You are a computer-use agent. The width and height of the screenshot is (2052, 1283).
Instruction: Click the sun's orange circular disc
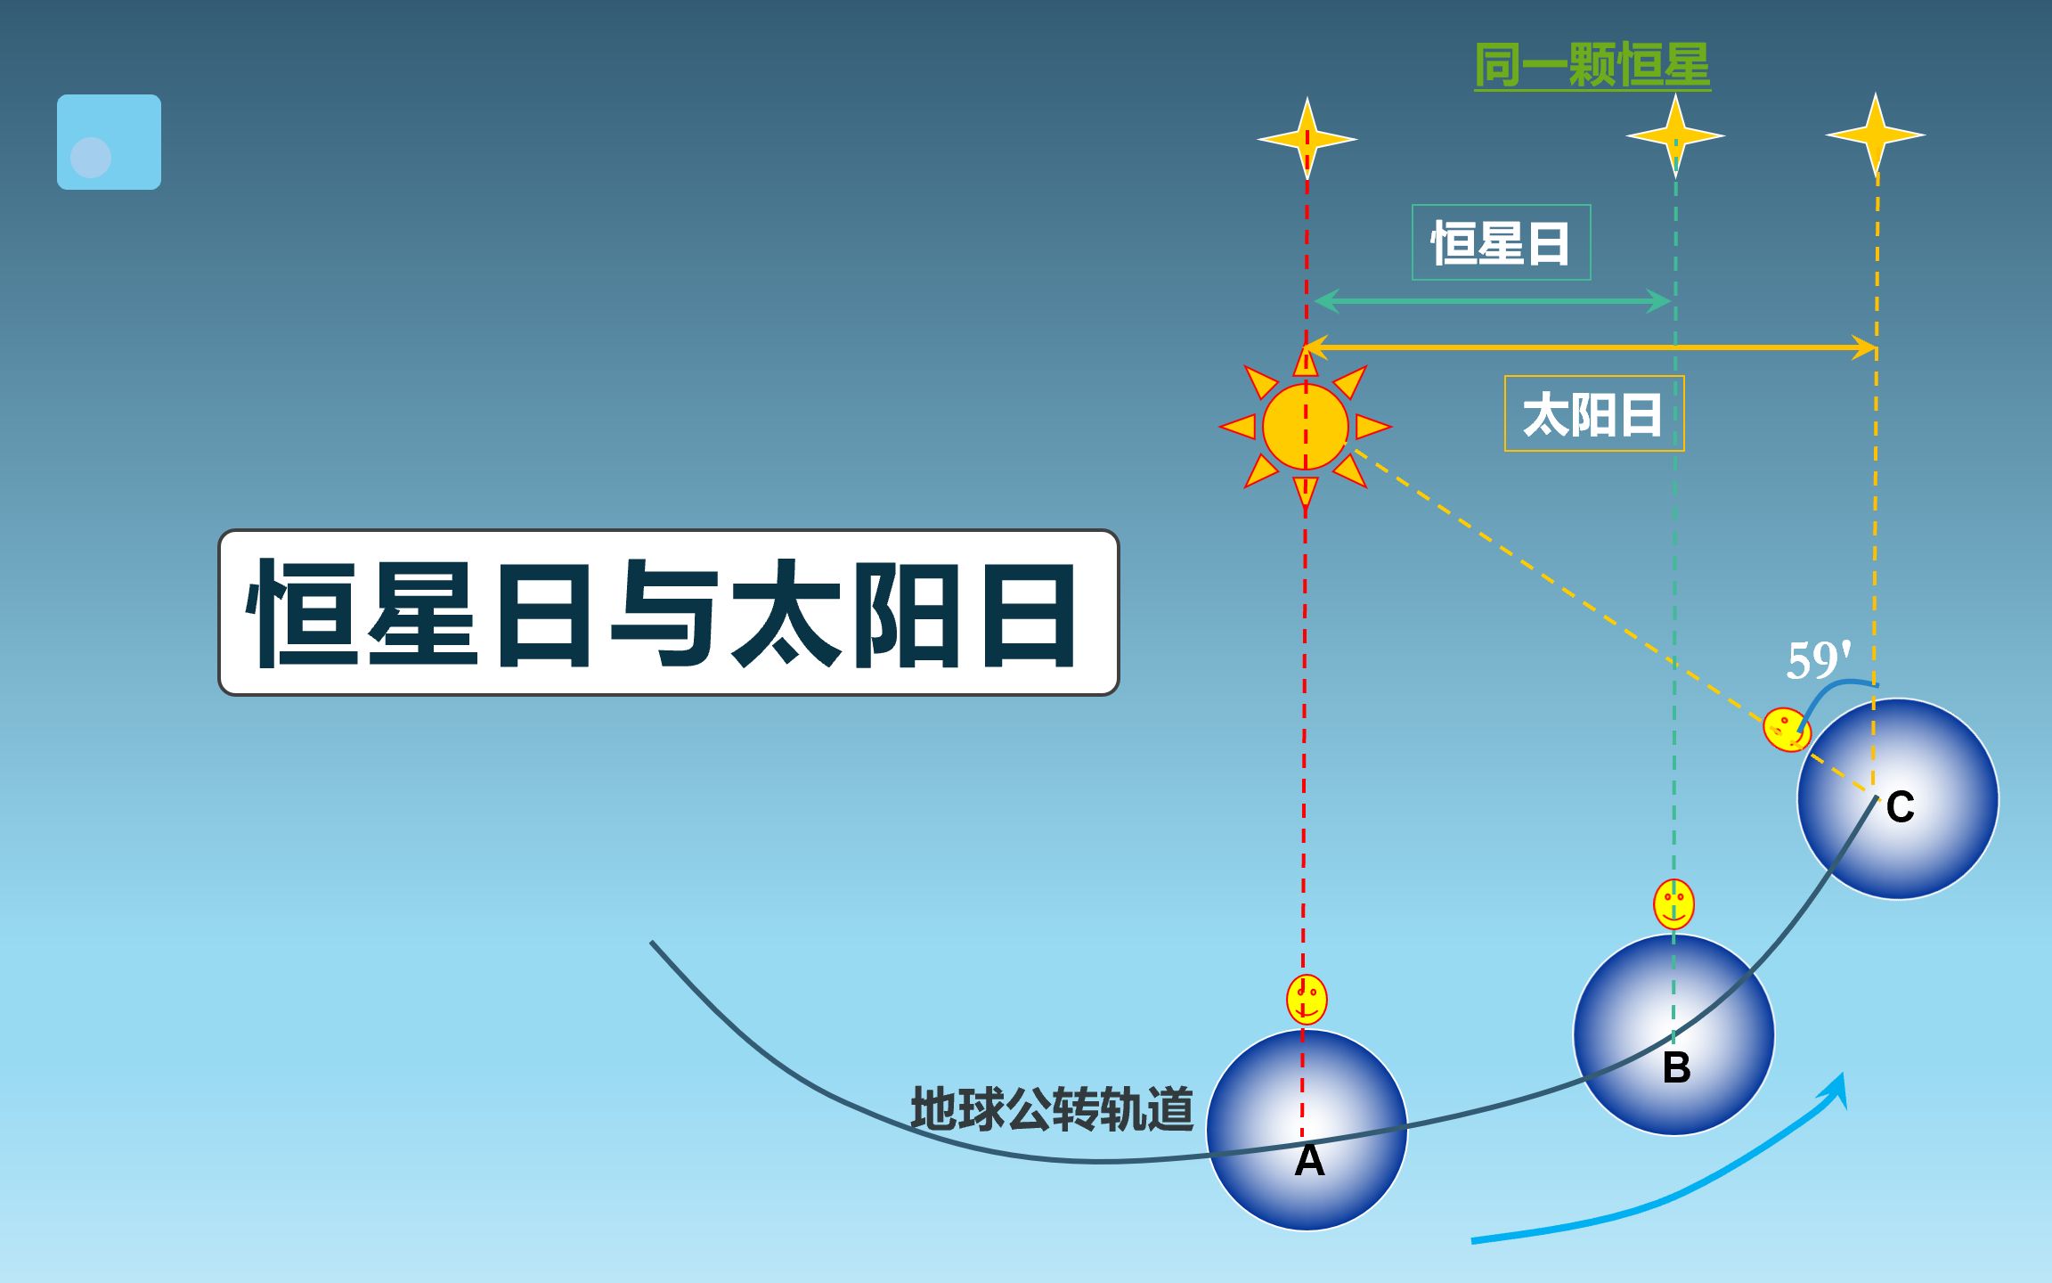(x=1306, y=427)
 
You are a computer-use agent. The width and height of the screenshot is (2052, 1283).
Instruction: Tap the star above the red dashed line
(x=1307, y=139)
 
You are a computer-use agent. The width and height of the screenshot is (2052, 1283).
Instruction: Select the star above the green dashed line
(x=1675, y=135)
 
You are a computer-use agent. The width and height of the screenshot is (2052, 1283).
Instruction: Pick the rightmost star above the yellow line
(x=1876, y=135)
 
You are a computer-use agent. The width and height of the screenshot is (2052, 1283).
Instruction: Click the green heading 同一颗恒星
(x=1592, y=65)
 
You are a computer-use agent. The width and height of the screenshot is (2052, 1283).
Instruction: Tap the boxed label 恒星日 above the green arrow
(x=1501, y=242)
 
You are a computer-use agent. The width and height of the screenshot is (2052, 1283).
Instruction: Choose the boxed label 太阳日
(x=1594, y=413)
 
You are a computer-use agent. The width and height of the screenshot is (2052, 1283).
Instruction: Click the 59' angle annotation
(x=1819, y=660)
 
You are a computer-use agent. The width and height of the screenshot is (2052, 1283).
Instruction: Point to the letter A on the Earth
(x=1309, y=1160)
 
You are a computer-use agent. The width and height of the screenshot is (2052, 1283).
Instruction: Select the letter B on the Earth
(x=1676, y=1066)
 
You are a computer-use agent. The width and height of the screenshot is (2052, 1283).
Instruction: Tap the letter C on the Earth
(x=1900, y=807)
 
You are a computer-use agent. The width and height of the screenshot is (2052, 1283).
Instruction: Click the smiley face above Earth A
(x=1307, y=1000)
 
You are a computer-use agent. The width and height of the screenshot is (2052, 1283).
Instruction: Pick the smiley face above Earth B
(x=1673, y=904)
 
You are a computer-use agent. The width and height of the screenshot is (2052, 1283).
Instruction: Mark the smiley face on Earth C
(x=1787, y=730)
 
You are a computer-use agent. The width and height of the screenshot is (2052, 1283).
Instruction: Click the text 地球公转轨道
(x=1052, y=1109)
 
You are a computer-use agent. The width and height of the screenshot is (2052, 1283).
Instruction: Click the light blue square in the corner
(x=109, y=142)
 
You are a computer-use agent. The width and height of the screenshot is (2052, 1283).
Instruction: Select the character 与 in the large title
(x=664, y=613)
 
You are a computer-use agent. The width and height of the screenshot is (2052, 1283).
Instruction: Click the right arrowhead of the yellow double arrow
(x=1865, y=347)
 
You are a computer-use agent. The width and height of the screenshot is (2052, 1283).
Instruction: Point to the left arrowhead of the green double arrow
(x=1327, y=301)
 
